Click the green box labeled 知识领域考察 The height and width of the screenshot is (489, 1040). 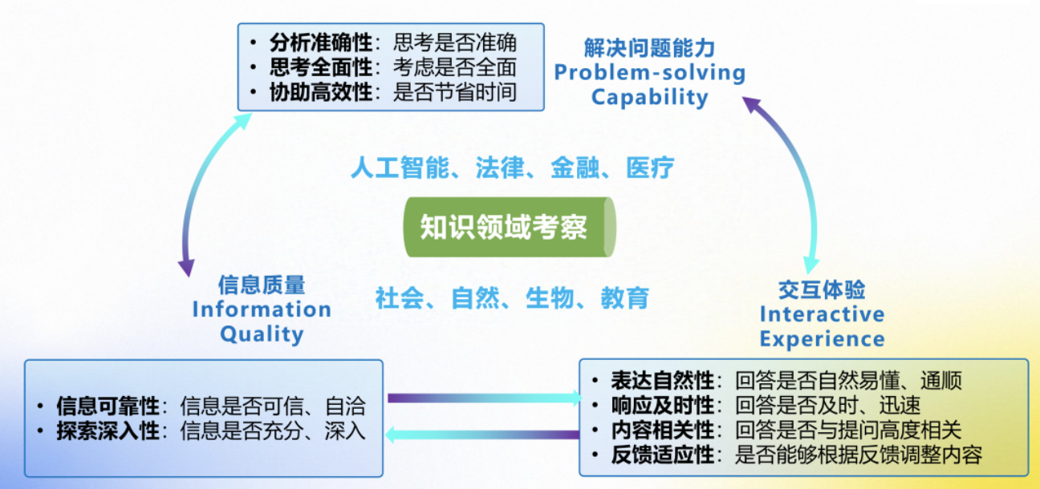click(x=504, y=227)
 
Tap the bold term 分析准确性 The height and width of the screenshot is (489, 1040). click(x=321, y=42)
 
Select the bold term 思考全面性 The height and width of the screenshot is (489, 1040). click(x=321, y=67)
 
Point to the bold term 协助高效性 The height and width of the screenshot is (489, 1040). click(x=321, y=92)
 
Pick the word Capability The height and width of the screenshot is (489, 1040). click(x=649, y=98)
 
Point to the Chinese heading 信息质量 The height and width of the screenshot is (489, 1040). click(x=262, y=285)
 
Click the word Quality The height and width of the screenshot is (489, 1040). click(x=262, y=333)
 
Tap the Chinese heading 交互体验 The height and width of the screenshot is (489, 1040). click(x=822, y=289)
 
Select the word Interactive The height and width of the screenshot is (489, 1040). click(x=822, y=314)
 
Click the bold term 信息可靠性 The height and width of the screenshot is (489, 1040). click(x=108, y=406)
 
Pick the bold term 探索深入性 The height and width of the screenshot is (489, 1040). click(x=108, y=431)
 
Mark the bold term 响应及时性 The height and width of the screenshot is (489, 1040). click(x=662, y=406)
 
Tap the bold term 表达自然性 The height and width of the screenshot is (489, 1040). click(x=662, y=381)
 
